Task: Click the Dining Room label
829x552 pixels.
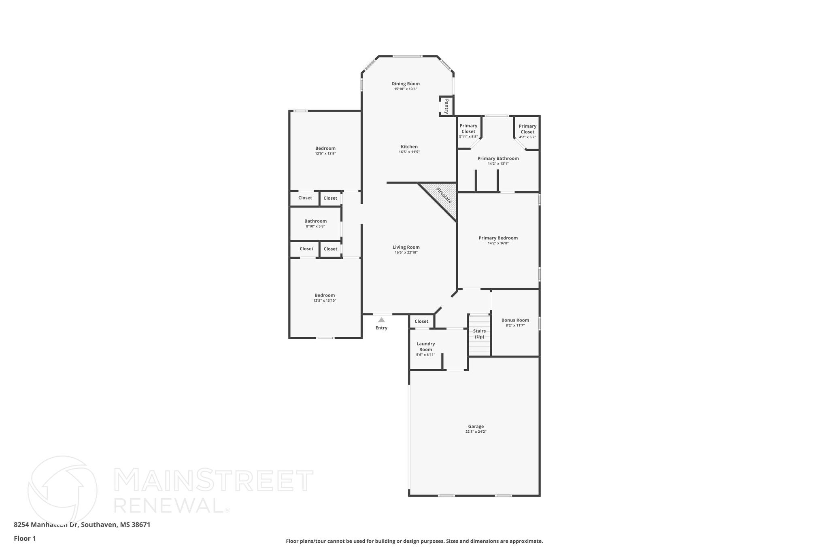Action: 405,84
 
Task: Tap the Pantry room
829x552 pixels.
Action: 446,106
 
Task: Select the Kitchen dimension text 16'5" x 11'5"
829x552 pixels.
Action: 409,152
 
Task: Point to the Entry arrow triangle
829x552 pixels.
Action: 381,320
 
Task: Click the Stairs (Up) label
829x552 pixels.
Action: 479,334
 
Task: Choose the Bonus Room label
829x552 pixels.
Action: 515,320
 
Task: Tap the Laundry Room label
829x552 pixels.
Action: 425,347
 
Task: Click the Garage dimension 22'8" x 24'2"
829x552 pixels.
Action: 476,432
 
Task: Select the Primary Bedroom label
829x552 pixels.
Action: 498,238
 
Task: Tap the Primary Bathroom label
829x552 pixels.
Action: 498,159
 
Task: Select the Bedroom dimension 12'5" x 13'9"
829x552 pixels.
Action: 325,154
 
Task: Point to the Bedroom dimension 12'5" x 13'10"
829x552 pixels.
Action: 325,300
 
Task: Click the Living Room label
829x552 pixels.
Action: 406,247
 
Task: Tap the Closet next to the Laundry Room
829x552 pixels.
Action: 421,321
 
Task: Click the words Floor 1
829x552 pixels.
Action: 25,538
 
